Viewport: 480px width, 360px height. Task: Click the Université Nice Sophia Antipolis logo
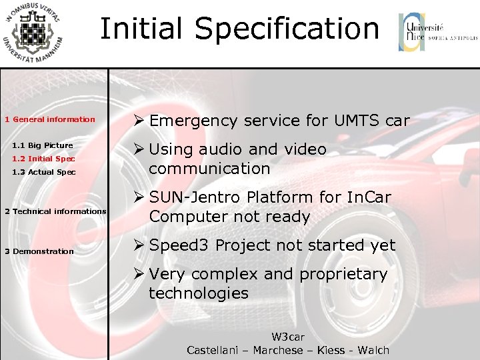pyautogui.click(x=437, y=32)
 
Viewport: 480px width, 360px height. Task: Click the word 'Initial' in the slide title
pyautogui.click(x=141, y=29)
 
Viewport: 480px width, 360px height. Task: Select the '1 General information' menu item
pyautogui.click(x=50, y=119)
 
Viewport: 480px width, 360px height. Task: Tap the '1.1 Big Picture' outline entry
pyautogui.click(x=43, y=145)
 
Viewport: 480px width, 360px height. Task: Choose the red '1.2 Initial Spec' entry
pyautogui.click(x=43, y=159)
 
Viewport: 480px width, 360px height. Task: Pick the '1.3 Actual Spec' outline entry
pyautogui.click(x=44, y=172)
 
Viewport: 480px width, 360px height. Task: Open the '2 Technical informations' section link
pyautogui.click(x=55, y=211)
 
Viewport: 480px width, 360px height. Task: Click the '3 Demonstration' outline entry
pyautogui.click(x=39, y=251)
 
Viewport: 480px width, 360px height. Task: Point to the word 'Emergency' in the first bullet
pyautogui.click(x=193, y=121)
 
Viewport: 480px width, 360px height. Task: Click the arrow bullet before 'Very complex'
pyautogui.click(x=139, y=274)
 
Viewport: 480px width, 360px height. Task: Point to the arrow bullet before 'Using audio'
pyautogui.click(x=139, y=149)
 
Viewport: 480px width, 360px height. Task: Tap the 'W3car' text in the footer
pyautogui.click(x=288, y=337)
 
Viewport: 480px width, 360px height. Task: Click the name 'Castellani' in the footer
pyautogui.click(x=214, y=350)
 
